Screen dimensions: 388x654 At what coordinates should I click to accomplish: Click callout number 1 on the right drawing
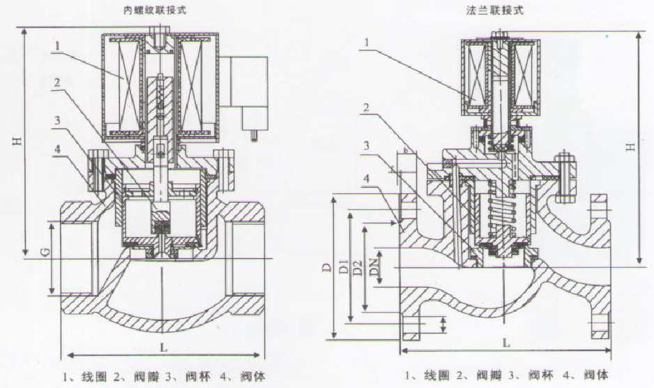(365, 43)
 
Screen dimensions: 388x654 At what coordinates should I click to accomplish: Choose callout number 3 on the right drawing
(365, 144)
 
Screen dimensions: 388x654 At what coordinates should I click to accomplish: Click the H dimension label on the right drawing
(630, 147)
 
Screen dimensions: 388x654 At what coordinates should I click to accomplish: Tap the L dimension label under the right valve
(505, 344)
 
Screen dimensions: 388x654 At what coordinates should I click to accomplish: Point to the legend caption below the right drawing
(505, 375)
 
